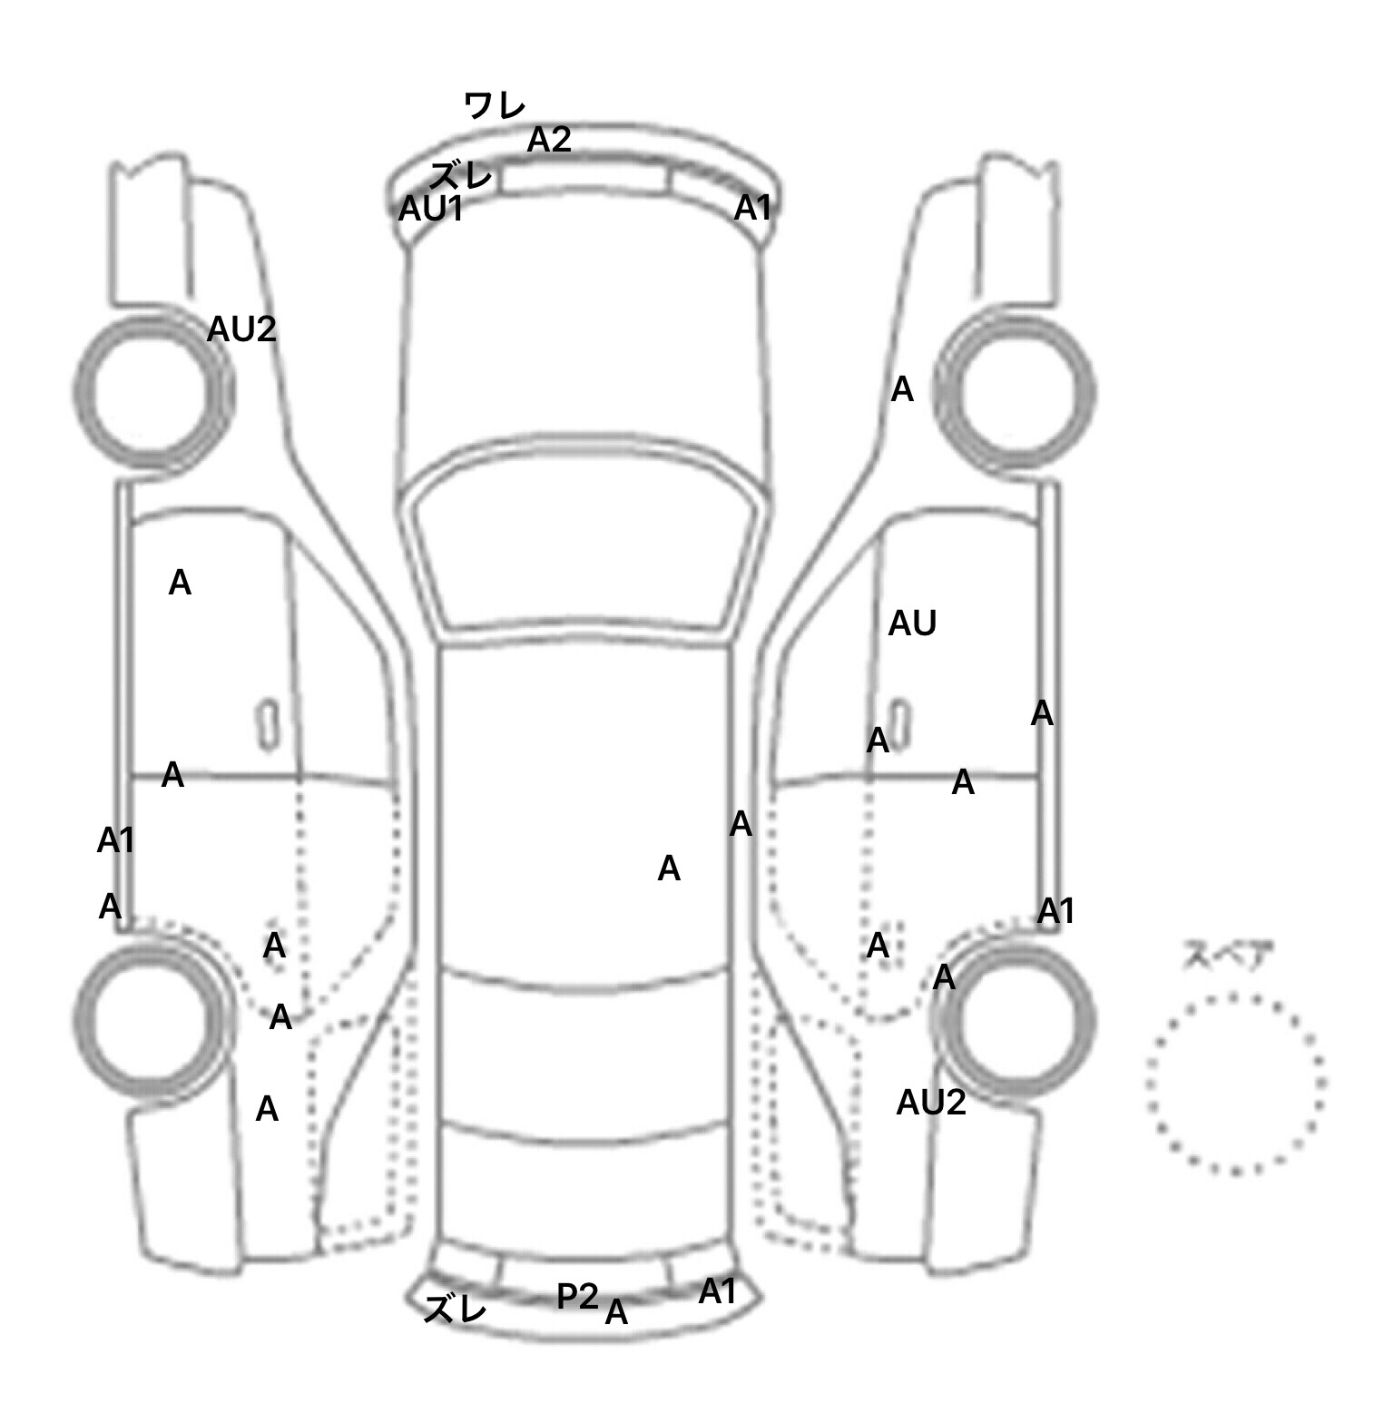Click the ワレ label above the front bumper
click(494, 106)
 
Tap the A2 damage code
click(549, 140)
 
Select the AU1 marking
click(431, 210)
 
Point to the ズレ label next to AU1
click(461, 175)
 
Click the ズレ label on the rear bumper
click(456, 1309)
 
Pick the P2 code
click(577, 1296)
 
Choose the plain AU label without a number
click(912, 623)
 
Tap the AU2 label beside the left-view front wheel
click(241, 329)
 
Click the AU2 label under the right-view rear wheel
click(931, 1103)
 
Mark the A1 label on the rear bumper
click(717, 1291)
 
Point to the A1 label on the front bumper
click(751, 209)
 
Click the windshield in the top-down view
click(586, 560)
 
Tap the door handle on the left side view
click(268, 724)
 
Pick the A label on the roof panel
click(669, 869)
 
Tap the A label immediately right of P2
click(616, 1312)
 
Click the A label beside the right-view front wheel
click(902, 390)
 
